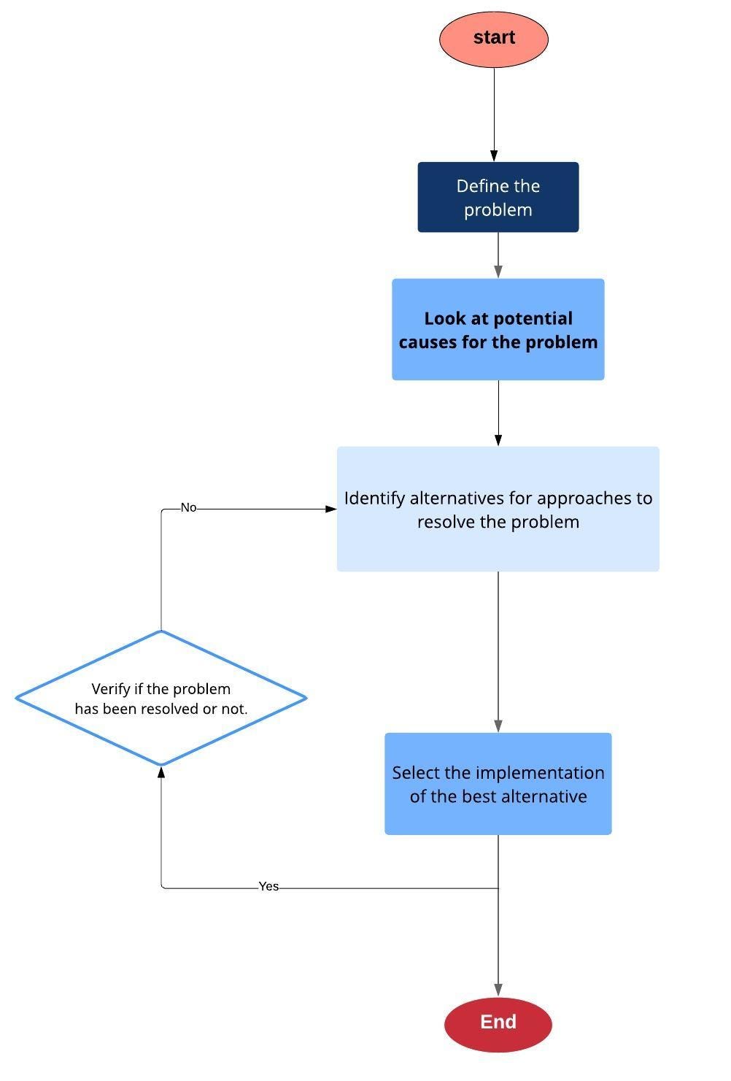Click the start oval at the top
coord(494,39)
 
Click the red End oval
coord(498,1023)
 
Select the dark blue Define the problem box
coord(498,197)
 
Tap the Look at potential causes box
coord(498,329)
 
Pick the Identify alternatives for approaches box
coord(498,509)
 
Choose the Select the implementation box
coord(498,783)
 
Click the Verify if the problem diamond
coord(161,698)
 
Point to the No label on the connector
coord(188,507)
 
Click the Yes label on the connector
coord(268,886)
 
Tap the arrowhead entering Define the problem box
coord(494,155)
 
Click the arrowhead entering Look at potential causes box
coord(498,272)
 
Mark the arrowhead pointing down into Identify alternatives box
coord(498,440)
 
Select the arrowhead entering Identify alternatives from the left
coord(330,509)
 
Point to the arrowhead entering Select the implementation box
coord(498,726)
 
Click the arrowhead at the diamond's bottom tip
coord(161,772)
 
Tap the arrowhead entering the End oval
coord(498,990)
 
